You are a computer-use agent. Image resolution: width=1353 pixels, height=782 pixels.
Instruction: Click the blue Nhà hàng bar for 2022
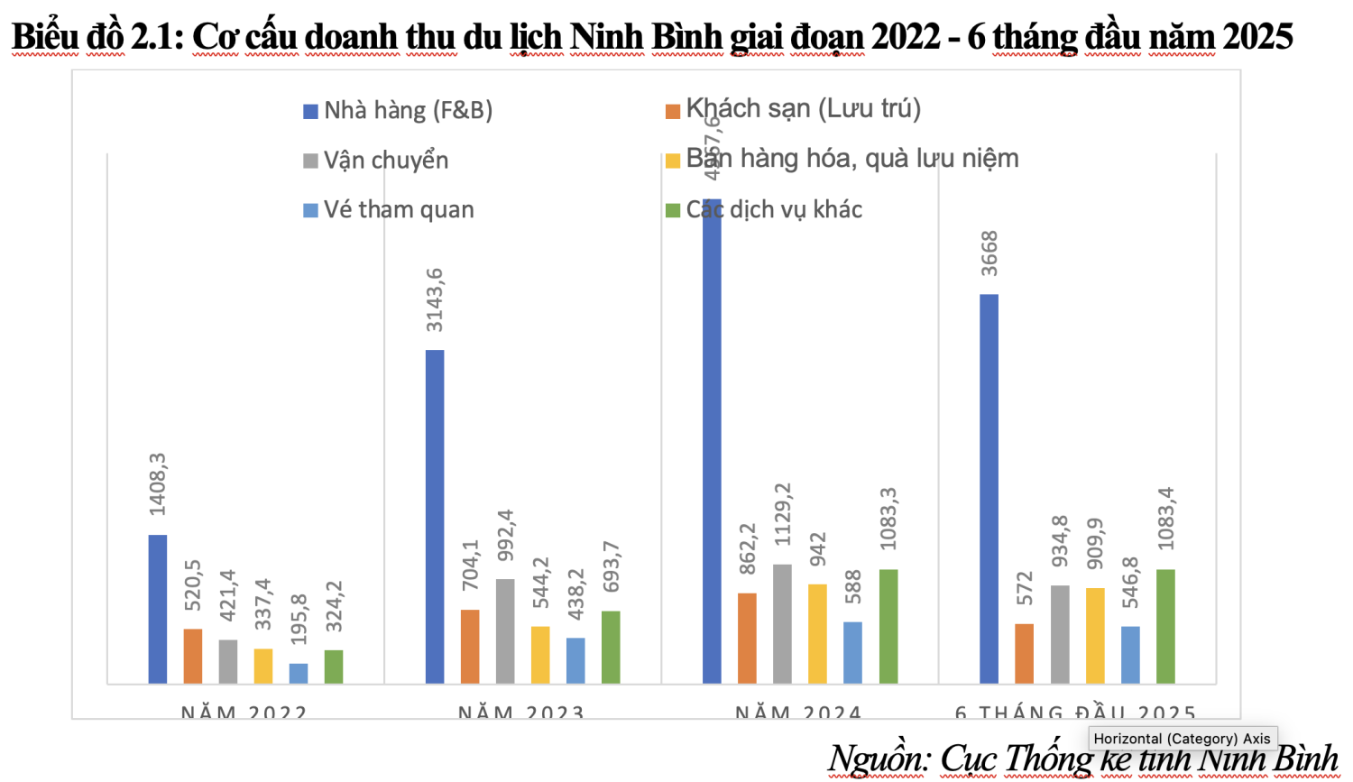click(158, 609)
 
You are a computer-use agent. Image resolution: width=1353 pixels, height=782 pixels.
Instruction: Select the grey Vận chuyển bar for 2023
click(505, 630)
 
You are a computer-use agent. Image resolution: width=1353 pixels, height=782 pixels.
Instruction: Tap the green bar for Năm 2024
click(888, 626)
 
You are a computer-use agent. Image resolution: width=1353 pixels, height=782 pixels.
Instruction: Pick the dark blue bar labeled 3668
click(989, 488)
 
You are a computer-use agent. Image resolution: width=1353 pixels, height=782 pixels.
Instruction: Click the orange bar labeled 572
click(1024, 653)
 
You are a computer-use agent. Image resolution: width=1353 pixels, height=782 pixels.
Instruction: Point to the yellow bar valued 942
click(817, 633)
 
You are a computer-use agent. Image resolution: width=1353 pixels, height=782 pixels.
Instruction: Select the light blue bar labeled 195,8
click(299, 673)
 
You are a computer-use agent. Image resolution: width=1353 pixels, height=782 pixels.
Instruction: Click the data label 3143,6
click(435, 300)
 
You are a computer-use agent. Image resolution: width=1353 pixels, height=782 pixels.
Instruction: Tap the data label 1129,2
click(783, 515)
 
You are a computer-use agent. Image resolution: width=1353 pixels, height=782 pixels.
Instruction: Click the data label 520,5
click(193, 584)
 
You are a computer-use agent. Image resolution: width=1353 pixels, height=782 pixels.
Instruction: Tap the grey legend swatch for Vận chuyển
click(311, 161)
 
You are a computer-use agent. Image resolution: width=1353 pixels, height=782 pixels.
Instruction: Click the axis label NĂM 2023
click(520, 713)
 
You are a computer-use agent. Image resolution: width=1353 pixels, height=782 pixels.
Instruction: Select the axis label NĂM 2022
click(244, 713)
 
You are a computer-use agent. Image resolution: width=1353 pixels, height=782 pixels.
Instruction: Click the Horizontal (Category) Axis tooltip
click(1182, 739)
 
